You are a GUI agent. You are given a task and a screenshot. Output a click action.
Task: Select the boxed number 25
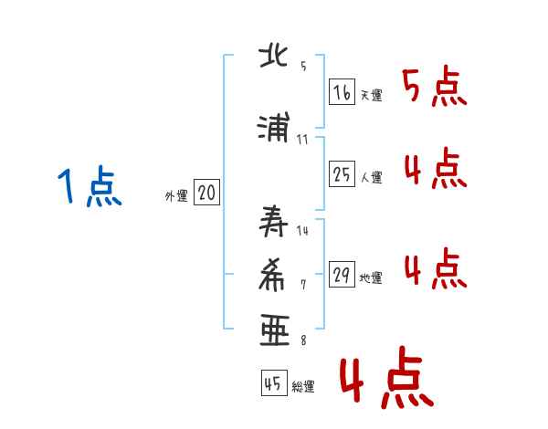click(x=341, y=174)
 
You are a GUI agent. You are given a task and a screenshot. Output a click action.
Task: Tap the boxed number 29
click(x=341, y=276)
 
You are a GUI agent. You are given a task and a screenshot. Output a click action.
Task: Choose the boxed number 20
click(x=206, y=193)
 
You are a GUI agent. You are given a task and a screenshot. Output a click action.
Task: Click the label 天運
click(x=371, y=94)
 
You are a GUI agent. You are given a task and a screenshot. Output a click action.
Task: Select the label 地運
click(x=371, y=278)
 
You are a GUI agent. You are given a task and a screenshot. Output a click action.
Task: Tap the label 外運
click(x=175, y=194)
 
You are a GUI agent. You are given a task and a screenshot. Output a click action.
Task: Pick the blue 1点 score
click(x=89, y=187)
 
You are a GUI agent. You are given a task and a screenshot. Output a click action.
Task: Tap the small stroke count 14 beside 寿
click(x=302, y=231)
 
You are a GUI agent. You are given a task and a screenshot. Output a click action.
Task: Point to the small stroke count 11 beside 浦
click(x=302, y=140)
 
